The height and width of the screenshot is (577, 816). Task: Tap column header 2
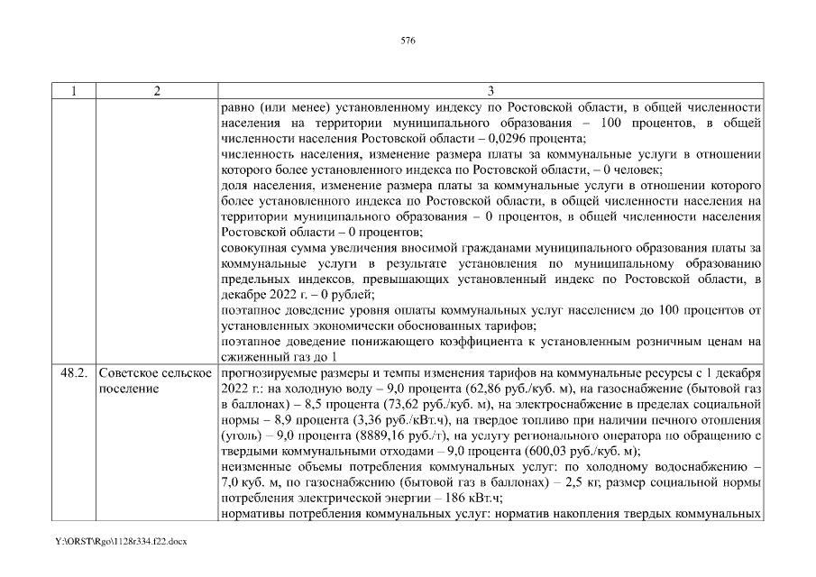pos(156,91)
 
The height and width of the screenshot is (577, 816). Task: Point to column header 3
pos(491,91)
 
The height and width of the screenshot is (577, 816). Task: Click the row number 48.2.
pos(73,373)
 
